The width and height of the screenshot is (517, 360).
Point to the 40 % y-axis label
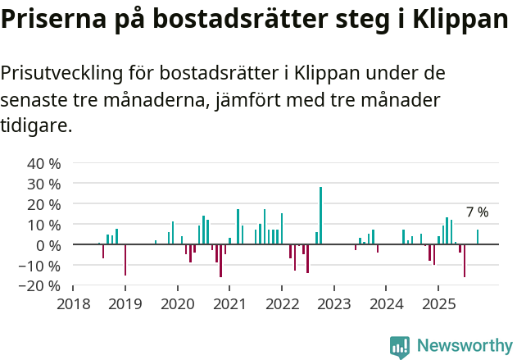pos(44,163)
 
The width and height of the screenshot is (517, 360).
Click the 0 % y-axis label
pos(48,245)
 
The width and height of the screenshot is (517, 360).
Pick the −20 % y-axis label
pos(40,286)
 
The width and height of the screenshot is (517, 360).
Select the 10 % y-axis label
pos(44,225)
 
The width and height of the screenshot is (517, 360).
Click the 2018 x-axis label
pos(73,304)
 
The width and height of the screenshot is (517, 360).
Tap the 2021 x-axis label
pos(229,304)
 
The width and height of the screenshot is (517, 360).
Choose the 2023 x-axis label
pos(333,304)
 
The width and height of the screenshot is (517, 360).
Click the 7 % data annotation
pos(477,212)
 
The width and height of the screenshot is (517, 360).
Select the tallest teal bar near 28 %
pos(320,216)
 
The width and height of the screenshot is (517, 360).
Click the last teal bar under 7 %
pos(478,237)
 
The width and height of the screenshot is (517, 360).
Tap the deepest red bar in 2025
pos(465,261)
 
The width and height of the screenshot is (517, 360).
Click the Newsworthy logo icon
pos(400,347)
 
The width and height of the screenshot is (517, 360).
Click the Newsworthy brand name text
pos(464,347)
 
